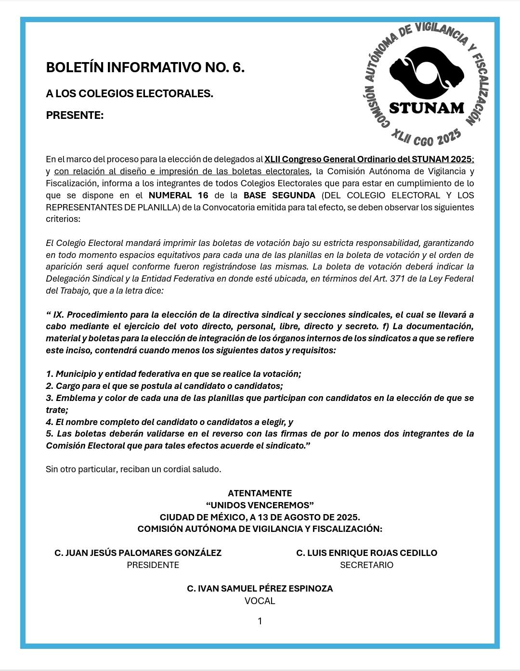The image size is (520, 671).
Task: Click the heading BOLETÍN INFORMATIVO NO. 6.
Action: click(145, 68)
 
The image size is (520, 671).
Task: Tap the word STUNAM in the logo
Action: click(426, 108)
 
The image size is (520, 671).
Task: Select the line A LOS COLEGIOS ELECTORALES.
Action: click(130, 93)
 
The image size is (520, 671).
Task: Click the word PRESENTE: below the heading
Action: click(75, 116)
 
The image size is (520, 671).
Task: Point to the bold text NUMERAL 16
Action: click(178, 195)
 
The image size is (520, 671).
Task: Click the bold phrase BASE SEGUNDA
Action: click(279, 195)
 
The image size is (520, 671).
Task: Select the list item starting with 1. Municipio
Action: click(173, 374)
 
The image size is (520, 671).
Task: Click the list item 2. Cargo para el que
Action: click(164, 386)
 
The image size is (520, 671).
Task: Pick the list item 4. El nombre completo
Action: click(169, 422)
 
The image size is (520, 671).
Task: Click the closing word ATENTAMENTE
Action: click(260, 493)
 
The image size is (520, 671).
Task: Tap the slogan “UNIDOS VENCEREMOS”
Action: click(260, 505)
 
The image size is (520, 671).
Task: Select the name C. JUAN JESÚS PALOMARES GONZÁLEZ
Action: click(138, 553)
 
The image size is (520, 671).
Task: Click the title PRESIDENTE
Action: click(153, 565)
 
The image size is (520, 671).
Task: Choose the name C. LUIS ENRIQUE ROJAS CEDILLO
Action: click(366, 553)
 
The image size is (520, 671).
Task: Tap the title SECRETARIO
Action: click(366, 565)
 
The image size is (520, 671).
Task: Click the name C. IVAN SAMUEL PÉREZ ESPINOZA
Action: click(260, 589)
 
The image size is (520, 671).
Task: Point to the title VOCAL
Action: click(260, 601)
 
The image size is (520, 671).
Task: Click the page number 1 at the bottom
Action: click(260, 621)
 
